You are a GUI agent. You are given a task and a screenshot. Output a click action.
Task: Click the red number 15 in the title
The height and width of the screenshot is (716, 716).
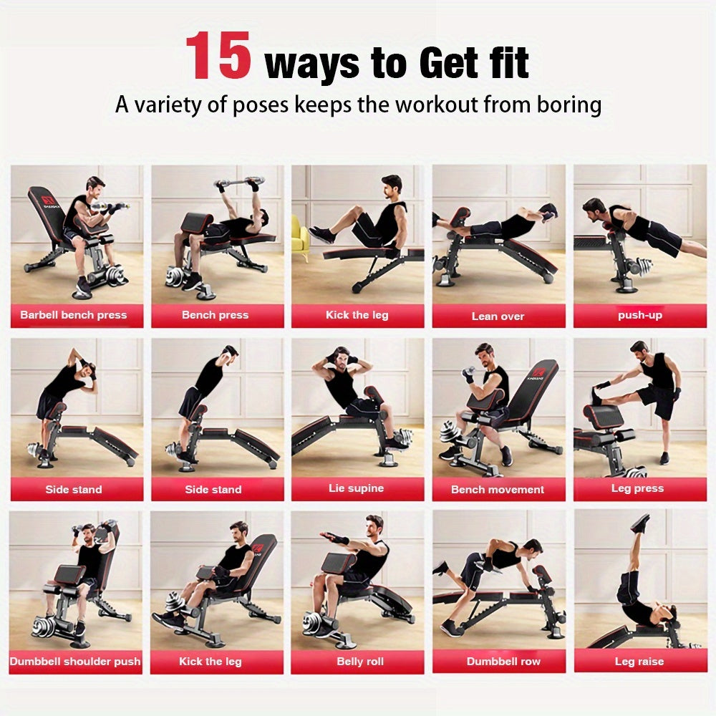218,57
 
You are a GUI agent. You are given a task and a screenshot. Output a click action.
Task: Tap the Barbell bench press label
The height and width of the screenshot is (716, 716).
74,315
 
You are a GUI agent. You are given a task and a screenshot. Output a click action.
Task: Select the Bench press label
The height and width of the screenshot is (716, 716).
215,315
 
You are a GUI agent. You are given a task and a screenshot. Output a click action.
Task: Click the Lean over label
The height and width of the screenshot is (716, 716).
498,316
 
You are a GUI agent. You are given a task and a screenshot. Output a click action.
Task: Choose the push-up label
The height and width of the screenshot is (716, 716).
640,315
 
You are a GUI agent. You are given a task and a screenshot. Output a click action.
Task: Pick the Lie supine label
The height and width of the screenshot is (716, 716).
357,489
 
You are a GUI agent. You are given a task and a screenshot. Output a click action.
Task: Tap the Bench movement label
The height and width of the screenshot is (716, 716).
498,490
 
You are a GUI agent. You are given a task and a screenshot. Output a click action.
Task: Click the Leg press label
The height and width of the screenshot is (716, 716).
637,489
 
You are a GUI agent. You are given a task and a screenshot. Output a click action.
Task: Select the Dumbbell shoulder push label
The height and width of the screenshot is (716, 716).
75,662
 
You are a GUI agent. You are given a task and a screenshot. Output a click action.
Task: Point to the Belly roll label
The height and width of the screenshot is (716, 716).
360,662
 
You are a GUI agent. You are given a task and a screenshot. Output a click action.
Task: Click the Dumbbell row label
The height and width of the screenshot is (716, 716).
503,662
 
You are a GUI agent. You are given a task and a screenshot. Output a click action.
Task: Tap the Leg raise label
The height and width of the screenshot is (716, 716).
639,662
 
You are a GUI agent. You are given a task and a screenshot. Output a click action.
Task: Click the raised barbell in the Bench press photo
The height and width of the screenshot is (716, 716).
241,184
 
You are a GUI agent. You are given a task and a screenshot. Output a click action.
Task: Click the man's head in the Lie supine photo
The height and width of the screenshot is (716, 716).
341,356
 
